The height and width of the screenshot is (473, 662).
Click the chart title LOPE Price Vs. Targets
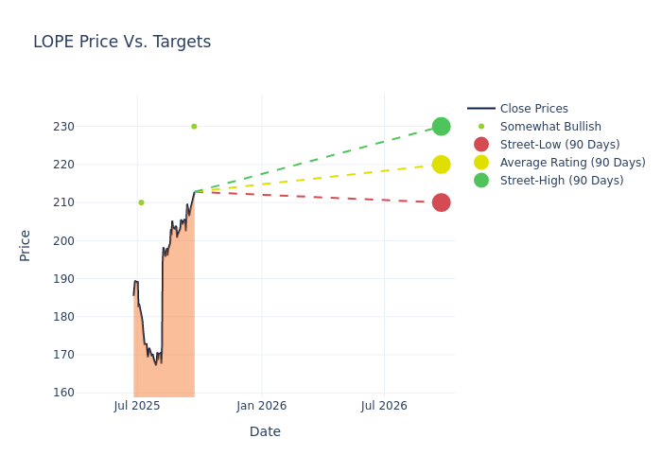click(x=122, y=42)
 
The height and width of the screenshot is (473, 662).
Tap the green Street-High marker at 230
click(x=441, y=127)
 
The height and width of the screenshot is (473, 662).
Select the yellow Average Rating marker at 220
click(x=441, y=165)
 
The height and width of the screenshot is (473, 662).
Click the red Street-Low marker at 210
click(x=441, y=202)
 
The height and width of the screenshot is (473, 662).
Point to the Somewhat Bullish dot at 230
click(x=194, y=127)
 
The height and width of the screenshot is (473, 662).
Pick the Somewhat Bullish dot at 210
click(x=141, y=202)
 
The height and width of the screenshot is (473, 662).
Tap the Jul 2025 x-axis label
click(x=137, y=406)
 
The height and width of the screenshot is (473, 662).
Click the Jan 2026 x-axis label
click(x=261, y=406)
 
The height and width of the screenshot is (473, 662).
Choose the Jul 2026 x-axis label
click(x=384, y=406)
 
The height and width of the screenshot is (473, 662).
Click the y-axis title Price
click(x=26, y=245)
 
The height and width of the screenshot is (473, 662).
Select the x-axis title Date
click(x=265, y=431)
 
